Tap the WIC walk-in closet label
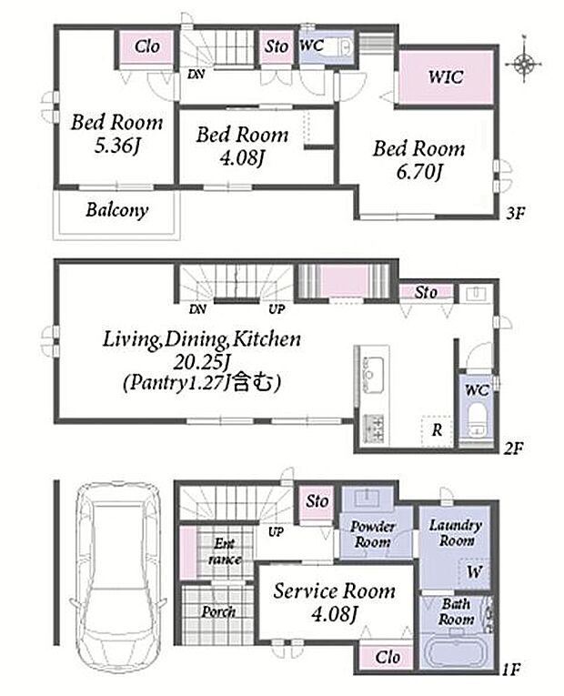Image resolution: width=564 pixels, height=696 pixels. [x=445, y=76]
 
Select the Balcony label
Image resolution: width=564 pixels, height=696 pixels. [x=117, y=210]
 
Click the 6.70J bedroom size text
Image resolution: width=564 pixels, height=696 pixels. [x=419, y=172]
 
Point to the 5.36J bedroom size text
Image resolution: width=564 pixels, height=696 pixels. [x=117, y=146]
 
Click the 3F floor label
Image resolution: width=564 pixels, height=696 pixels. [x=516, y=214]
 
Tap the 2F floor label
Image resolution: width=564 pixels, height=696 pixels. [x=513, y=449]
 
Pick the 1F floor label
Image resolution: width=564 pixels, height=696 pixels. [x=510, y=669]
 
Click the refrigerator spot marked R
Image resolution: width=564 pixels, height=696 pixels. [x=437, y=430]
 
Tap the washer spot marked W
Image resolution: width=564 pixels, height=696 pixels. [x=474, y=571]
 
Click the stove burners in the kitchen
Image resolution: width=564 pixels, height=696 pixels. [x=374, y=429]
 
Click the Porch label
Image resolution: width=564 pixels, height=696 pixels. [x=218, y=611]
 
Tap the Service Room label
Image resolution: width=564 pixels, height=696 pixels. [x=334, y=591]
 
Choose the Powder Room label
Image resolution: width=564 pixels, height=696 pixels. [x=372, y=534]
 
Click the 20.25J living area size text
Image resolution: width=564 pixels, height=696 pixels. [x=201, y=363]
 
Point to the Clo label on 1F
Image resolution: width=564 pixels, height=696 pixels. [x=388, y=657]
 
